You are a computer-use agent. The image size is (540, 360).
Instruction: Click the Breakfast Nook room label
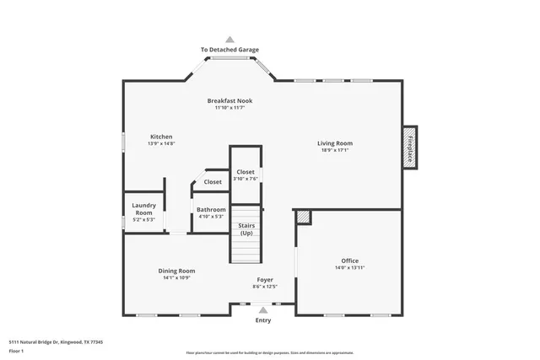[229, 101]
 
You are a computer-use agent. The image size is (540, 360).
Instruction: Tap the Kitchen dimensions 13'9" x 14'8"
[161, 144]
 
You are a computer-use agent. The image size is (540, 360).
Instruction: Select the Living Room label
[334, 143]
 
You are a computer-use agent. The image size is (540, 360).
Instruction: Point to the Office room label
[349, 261]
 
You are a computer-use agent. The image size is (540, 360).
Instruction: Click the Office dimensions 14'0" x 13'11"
[349, 268]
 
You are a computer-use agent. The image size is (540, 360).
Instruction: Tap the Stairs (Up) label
[246, 229]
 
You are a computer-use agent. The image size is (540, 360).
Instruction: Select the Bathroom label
[211, 209]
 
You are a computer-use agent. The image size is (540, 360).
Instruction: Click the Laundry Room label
[143, 209]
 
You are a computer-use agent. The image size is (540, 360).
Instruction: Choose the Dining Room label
[176, 271]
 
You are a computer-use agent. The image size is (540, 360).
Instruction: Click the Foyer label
[265, 280]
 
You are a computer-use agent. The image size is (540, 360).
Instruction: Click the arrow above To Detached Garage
[229, 39]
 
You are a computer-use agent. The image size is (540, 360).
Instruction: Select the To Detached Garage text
[229, 51]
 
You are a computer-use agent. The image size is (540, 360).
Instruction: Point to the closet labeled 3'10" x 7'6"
[245, 175]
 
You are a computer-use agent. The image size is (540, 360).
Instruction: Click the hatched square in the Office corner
[303, 217]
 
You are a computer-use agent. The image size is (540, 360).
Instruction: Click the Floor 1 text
[18, 349]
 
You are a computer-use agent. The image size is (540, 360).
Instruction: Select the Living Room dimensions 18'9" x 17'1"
[334, 151]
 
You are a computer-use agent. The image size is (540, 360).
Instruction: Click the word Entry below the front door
[264, 320]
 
